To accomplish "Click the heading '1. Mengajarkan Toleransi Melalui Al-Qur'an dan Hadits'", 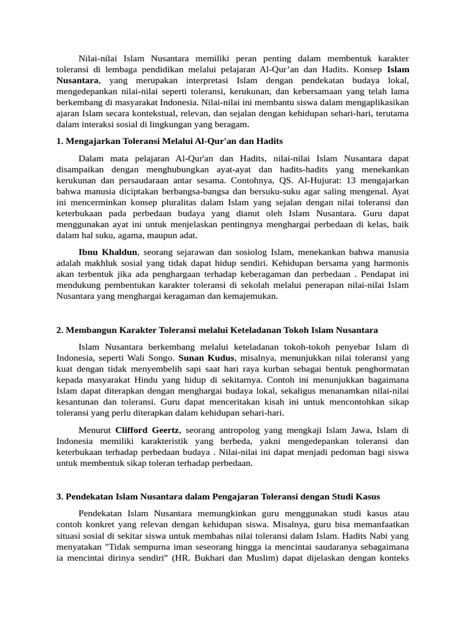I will [x=169, y=141].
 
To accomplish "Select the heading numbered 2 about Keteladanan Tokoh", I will [x=217, y=330].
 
